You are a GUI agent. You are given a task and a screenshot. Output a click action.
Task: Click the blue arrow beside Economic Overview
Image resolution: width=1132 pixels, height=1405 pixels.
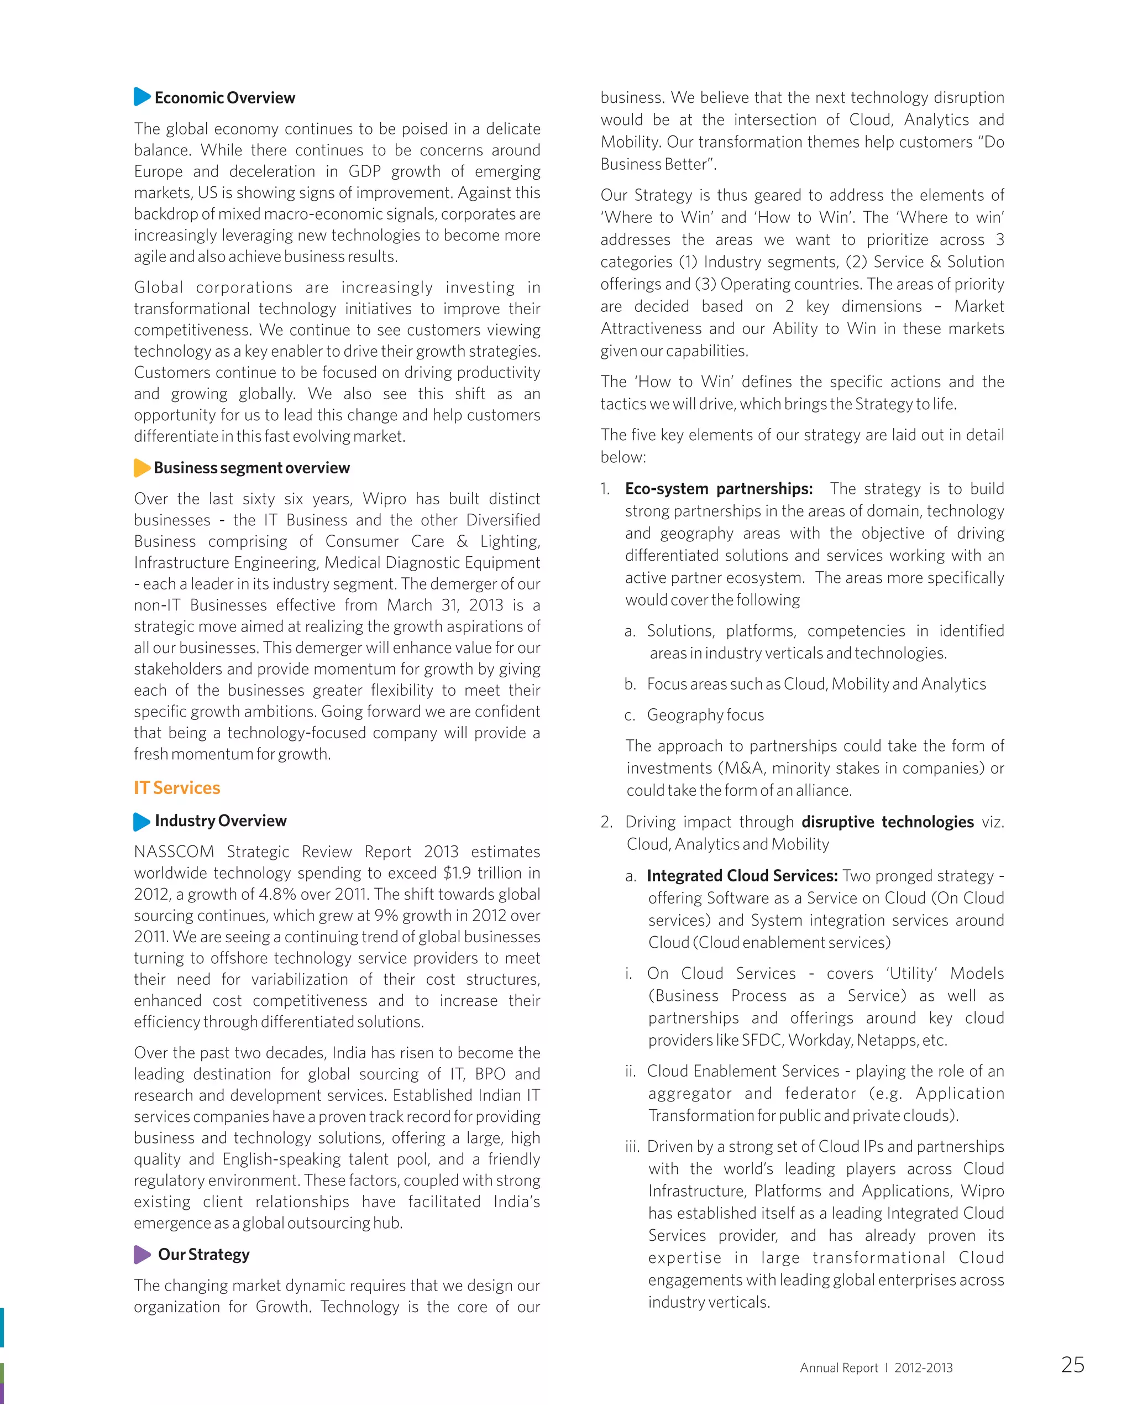click(x=141, y=97)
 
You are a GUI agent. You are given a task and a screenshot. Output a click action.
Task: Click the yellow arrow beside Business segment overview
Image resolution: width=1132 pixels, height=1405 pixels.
click(x=141, y=468)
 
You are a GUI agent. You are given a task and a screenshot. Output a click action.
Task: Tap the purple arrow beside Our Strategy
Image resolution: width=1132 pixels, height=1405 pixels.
click(x=141, y=1253)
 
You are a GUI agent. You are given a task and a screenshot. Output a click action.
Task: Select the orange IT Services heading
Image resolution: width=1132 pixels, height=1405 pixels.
click(x=177, y=787)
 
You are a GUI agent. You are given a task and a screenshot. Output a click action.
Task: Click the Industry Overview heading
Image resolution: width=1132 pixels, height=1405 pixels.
click(x=221, y=821)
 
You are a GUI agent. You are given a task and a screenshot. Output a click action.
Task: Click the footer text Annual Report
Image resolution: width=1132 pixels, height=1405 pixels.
click(x=838, y=1368)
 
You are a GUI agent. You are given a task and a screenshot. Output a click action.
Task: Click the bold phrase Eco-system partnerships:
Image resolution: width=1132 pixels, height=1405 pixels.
click(x=719, y=489)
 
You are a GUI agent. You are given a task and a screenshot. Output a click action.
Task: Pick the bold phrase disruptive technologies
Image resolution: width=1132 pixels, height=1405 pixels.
click(x=888, y=822)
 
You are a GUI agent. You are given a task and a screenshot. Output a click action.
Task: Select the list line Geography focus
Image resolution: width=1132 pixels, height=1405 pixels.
click(x=705, y=715)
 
